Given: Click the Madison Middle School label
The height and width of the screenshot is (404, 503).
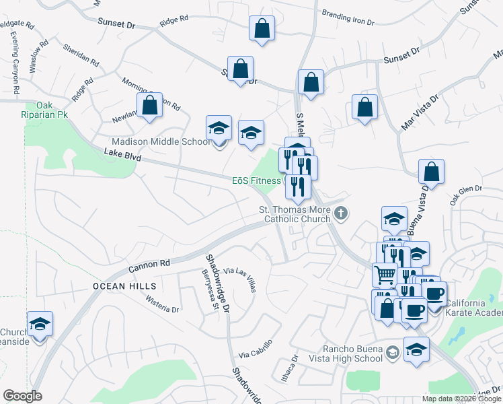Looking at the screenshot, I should pos(159,141).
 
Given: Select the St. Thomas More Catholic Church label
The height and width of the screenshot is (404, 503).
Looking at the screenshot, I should pos(295,214).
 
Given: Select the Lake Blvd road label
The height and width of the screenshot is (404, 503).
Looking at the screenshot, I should pos(124,155).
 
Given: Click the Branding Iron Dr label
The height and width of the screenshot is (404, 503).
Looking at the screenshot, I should pos(348,18).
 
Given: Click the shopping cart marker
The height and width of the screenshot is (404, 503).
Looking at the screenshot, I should pos(384,274).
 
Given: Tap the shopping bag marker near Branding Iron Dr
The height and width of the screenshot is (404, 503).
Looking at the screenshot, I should pos(262,28).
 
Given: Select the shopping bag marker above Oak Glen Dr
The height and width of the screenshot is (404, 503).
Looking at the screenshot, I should pos(431,172).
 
